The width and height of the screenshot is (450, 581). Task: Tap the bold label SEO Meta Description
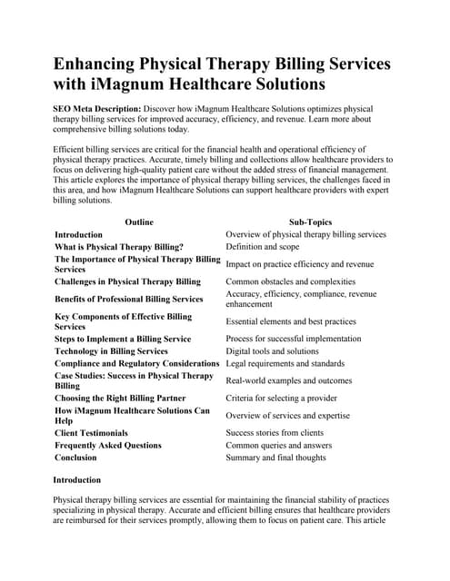pos(97,108)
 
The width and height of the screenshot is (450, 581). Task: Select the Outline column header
pos(139,222)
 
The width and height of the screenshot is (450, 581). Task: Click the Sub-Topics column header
pos(310,222)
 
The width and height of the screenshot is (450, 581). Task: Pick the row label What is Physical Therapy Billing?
pos(119,246)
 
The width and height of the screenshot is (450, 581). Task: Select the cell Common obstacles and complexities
pos(290,281)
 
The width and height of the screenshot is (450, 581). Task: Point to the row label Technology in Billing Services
pos(111,350)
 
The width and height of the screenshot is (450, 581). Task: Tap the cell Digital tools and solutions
pos(272,350)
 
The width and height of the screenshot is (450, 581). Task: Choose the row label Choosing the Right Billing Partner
pos(120,398)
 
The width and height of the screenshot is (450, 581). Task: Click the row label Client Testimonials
pos(91,433)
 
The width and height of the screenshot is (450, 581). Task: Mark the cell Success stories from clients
pos(275,433)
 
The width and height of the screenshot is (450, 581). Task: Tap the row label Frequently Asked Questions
pos(108,445)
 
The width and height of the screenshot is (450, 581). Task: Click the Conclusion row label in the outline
pos(75,458)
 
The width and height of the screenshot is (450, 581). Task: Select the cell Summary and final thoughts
pos(275,458)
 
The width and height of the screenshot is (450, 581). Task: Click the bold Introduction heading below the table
pos(77,479)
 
